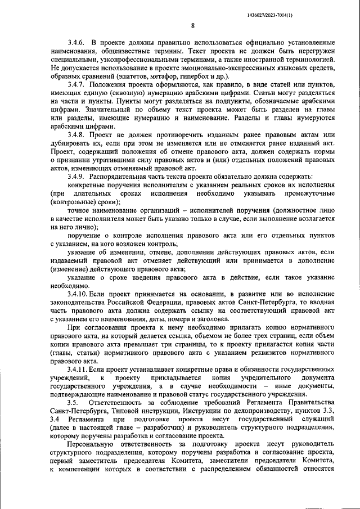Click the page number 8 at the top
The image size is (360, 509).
click(x=192, y=25)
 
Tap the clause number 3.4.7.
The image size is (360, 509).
click(x=76, y=83)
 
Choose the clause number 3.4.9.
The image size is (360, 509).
click(x=76, y=177)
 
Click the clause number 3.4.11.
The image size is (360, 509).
click(x=78, y=369)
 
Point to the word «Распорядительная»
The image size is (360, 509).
click(x=128, y=177)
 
